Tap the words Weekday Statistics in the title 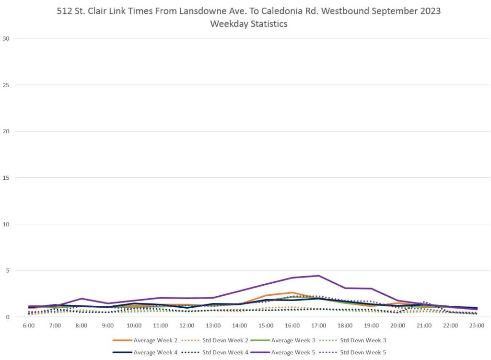[x=248, y=23]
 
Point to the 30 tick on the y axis [x=9, y=39]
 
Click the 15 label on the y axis [x=9, y=178]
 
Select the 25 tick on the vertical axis [x=9, y=85]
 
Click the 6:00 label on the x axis [x=29, y=325]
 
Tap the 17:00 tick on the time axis [x=318, y=325]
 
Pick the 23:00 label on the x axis [x=477, y=325]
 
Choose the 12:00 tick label [x=187, y=325]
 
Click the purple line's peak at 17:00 [x=318, y=276]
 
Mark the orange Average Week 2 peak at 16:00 [x=292, y=292]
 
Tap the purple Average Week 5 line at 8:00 [x=82, y=299]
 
